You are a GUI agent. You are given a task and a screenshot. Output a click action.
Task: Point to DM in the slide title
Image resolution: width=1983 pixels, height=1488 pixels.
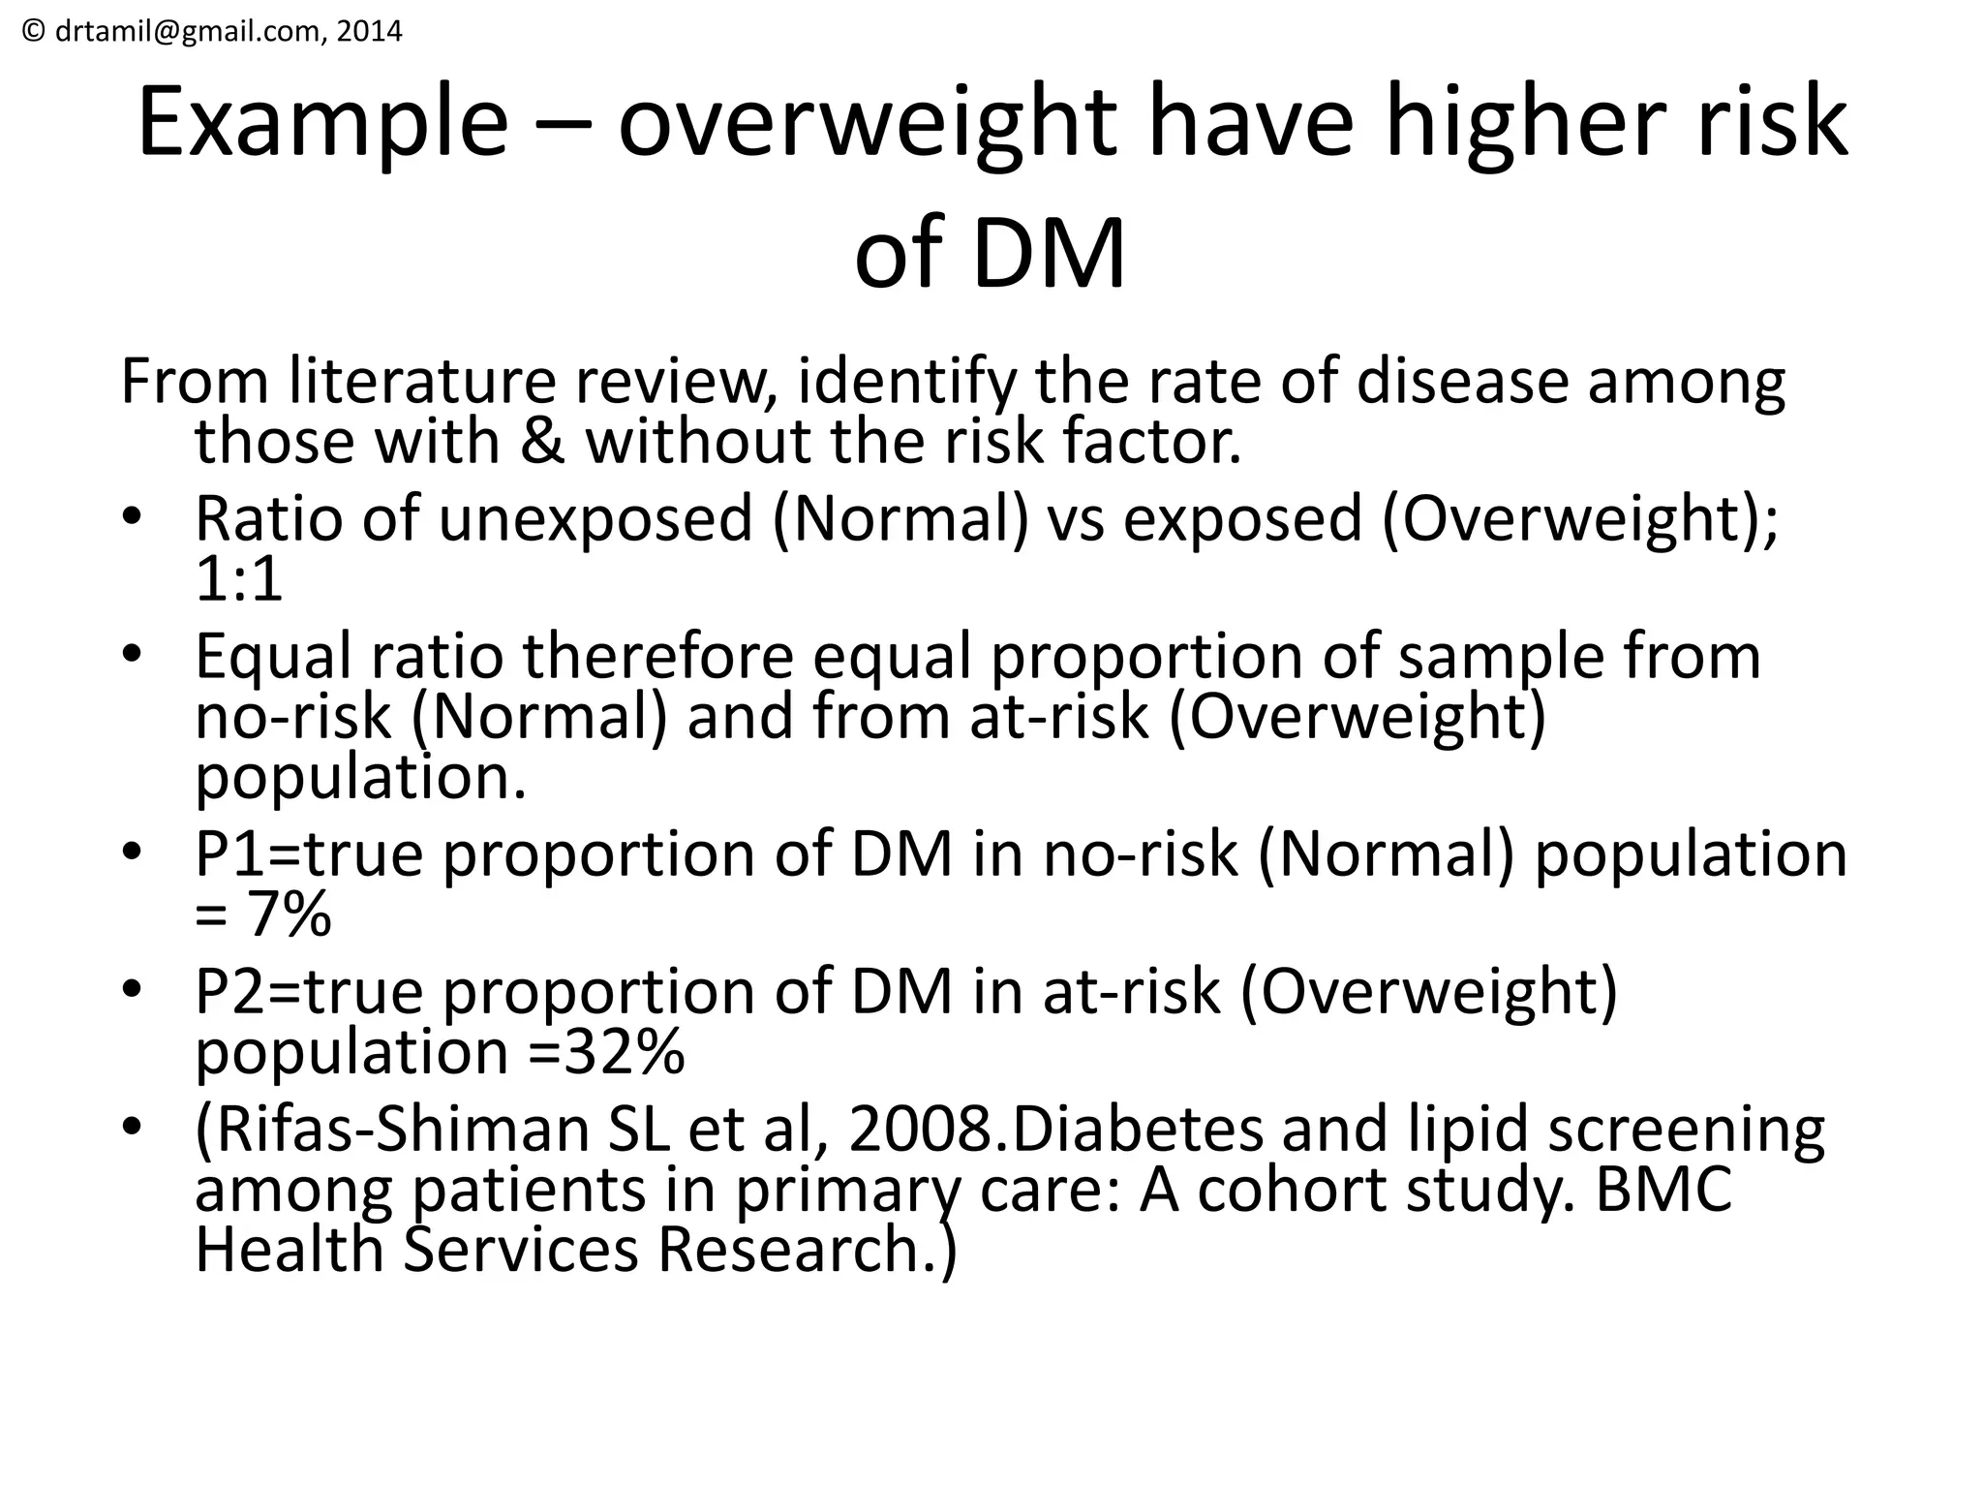pos(1049,254)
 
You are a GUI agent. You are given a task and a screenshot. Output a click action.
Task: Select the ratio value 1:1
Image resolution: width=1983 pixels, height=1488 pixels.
pos(238,579)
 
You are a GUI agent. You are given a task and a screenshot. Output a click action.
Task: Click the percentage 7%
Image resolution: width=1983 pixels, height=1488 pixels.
pos(290,914)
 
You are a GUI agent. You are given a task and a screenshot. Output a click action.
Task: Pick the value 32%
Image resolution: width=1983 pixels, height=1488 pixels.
pos(624,1052)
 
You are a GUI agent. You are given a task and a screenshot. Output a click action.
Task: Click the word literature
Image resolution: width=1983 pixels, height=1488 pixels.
pos(421,382)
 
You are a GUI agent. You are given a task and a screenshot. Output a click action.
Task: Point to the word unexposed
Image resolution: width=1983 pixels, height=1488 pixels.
pos(595,518)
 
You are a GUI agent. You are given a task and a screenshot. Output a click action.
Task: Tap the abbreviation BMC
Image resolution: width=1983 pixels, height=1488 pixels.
pos(1663,1190)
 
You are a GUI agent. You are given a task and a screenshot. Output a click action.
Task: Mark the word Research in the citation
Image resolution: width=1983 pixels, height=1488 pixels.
pos(788,1250)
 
